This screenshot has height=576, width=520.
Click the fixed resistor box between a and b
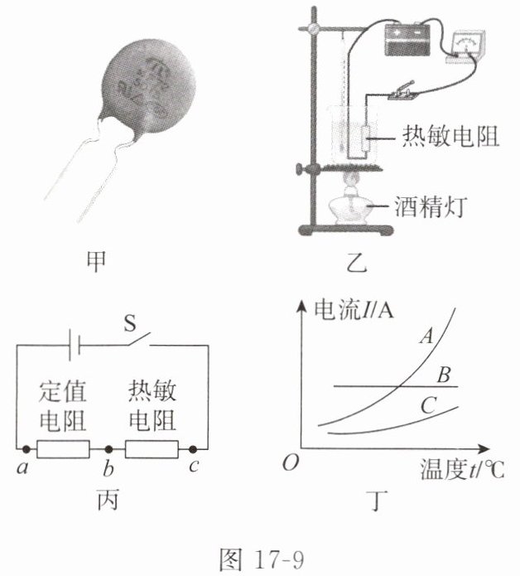pos(64,449)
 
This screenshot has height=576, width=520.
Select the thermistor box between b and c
pos(152,449)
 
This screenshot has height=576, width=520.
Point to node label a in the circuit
pos(21,467)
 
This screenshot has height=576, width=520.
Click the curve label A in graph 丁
pos(428,336)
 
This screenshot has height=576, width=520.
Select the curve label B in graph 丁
pos(444,376)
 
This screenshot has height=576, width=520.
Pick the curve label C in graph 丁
pos(428,405)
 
